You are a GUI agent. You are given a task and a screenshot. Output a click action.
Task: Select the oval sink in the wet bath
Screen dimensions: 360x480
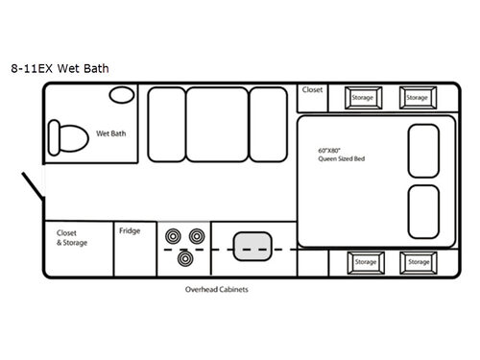coord(121,96)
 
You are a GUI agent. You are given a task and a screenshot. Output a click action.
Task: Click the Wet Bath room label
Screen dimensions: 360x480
coord(110,133)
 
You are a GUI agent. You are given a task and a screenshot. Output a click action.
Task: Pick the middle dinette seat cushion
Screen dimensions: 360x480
coord(216,125)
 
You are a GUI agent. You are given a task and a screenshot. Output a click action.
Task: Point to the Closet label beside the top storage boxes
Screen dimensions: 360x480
coord(312,89)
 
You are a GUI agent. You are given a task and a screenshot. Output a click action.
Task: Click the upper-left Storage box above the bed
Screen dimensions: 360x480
coord(362,98)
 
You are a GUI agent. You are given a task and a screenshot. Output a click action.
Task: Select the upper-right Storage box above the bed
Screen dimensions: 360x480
coord(416,98)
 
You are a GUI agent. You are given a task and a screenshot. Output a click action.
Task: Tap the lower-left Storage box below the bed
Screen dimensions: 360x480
coord(365,261)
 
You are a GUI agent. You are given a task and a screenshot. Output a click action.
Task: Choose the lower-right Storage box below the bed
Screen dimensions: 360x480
coord(417,261)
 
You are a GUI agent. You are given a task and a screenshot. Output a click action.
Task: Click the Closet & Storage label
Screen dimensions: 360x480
coord(72,237)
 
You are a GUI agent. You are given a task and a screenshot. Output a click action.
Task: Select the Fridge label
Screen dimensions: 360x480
coord(130,230)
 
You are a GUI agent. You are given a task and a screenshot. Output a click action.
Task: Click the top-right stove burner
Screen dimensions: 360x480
coord(197,235)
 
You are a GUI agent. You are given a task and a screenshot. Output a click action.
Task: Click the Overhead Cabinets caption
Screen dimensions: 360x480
coord(216,289)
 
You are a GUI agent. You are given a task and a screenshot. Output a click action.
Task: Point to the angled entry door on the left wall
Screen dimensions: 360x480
coord(33,186)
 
